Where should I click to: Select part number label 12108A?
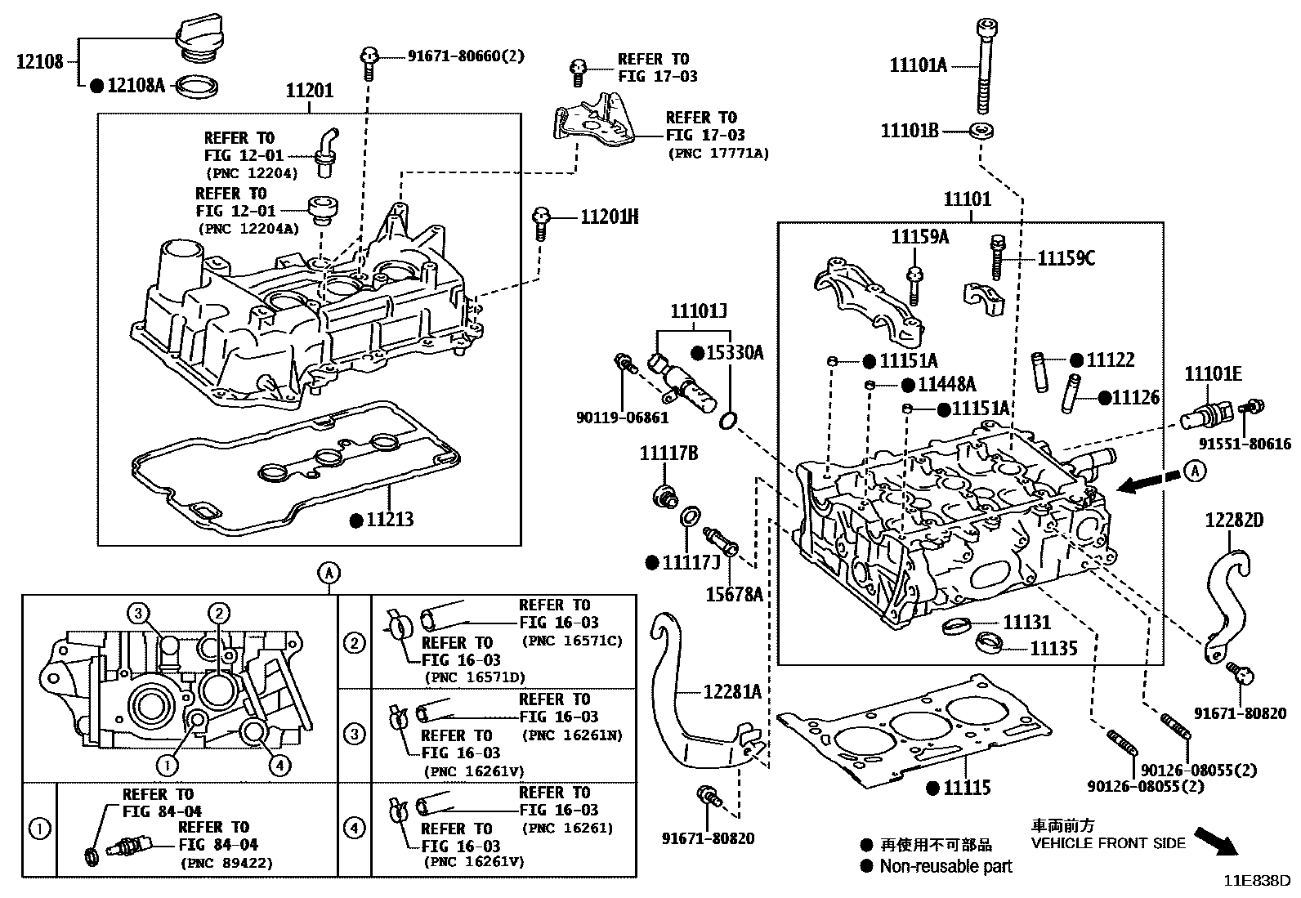[x=136, y=84]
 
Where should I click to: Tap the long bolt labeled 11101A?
[x=984, y=65]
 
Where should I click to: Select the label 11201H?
[x=609, y=217]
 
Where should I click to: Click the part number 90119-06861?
[x=622, y=418]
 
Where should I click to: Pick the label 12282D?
[x=1234, y=520]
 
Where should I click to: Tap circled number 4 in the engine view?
[x=279, y=765]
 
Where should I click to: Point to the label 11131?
[x=1026, y=623]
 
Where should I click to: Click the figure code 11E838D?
[x=1256, y=881]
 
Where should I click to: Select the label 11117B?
[x=668, y=453]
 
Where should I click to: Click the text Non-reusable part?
[x=946, y=866]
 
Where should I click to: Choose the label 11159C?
[x=1066, y=258]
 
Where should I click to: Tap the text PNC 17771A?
[x=718, y=153]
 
